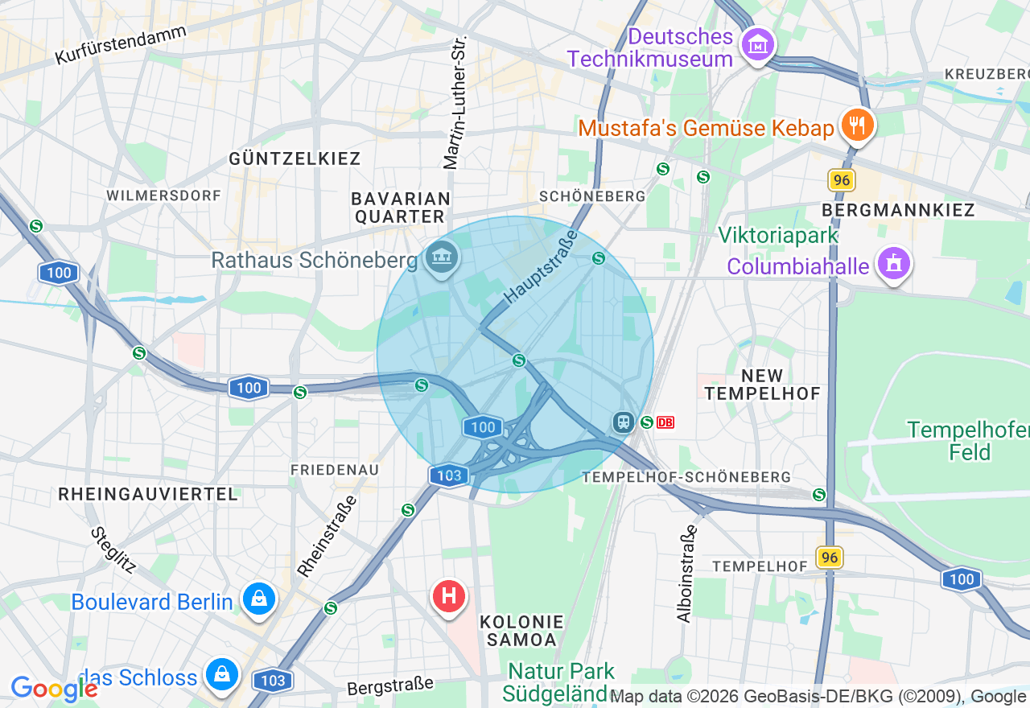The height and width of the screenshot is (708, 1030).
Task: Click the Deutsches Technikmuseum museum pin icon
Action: (759, 44)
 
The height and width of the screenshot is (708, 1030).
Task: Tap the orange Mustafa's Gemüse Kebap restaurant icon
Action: (858, 125)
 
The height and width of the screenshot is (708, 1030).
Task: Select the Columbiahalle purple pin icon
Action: (893, 263)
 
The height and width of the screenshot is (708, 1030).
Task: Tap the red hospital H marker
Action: (449, 596)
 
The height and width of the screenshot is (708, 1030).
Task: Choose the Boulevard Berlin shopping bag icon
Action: (260, 599)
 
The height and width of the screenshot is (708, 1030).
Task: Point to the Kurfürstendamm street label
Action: (121, 45)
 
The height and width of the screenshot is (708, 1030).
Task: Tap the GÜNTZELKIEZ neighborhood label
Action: (295, 158)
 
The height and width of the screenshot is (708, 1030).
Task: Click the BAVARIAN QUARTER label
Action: (400, 208)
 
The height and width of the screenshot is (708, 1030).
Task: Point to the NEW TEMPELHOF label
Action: (762, 385)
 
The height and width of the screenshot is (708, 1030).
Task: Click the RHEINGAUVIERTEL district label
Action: (148, 494)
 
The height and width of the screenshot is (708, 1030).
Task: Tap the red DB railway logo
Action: (665, 422)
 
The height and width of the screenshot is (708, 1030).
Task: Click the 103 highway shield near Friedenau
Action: (448, 475)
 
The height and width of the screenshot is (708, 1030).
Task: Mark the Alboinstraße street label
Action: (686, 574)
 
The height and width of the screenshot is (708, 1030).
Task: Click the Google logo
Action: (53, 689)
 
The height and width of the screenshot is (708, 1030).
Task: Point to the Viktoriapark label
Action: (778, 236)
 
